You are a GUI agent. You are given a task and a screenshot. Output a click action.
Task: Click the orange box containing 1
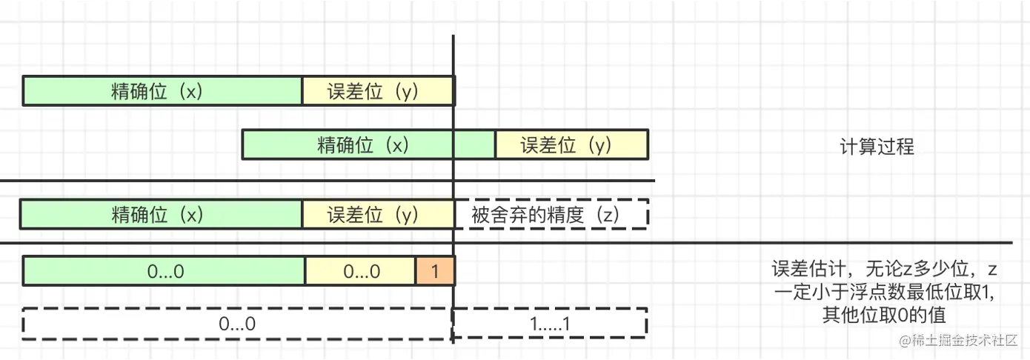(435, 271)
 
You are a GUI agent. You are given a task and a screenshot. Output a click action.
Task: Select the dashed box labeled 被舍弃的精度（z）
(551, 214)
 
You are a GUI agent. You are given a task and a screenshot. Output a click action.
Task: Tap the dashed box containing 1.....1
(551, 324)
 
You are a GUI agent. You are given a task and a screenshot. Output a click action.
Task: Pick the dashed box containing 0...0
(237, 324)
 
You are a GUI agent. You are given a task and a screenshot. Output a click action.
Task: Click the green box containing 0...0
(165, 271)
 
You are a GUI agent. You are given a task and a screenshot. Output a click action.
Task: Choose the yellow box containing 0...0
(361, 271)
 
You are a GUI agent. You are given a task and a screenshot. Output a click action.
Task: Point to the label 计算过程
(877, 147)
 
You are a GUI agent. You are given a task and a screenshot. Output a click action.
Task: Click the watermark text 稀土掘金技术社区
(963, 341)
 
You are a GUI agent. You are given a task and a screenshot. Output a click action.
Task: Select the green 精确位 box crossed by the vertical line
(368, 144)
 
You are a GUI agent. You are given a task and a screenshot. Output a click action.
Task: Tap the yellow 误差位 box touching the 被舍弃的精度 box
(378, 214)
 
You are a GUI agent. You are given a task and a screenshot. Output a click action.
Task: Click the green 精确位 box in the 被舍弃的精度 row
(161, 214)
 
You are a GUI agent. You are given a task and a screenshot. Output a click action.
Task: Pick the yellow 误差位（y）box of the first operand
(378, 90)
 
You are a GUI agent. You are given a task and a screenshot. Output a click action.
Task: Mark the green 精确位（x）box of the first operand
(162, 90)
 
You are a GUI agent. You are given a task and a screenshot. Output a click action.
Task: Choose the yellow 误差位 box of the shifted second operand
(571, 144)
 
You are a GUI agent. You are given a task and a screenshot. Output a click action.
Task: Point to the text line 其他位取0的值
(884, 316)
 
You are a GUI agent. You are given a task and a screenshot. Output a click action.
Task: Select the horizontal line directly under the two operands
(326, 181)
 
